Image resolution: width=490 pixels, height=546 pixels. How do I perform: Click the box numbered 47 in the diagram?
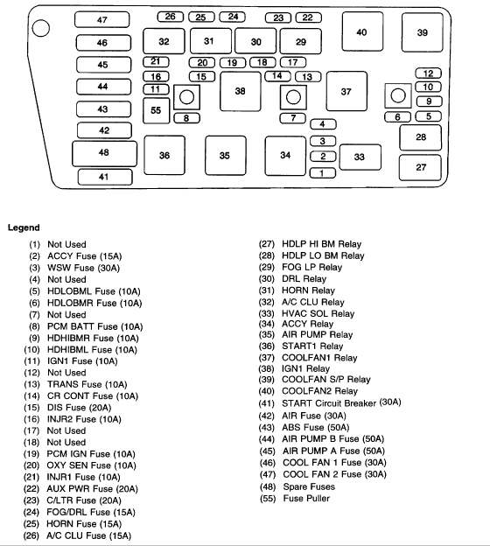(102, 20)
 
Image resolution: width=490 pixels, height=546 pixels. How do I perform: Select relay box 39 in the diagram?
(422, 32)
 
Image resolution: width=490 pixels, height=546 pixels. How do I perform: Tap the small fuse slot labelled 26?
(171, 17)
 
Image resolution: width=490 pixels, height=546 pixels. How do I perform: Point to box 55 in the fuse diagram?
(156, 110)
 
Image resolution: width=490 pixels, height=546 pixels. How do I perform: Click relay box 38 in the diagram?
(241, 91)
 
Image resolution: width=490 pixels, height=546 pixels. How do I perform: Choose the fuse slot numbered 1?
(323, 173)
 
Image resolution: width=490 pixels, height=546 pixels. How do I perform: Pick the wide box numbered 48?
(104, 154)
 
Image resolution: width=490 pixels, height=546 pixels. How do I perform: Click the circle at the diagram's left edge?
(41, 28)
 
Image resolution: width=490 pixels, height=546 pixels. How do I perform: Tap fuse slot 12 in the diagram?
(429, 73)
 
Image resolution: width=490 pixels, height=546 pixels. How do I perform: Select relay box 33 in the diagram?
(360, 157)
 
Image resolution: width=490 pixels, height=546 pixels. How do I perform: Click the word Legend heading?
(24, 227)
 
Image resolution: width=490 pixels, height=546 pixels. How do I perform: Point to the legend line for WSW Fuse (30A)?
(84, 268)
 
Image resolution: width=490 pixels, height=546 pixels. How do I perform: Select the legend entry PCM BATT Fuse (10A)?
(95, 326)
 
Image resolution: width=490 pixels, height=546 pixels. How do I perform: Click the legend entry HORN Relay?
(308, 290)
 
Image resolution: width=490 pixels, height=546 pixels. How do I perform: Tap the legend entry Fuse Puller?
(306, 498)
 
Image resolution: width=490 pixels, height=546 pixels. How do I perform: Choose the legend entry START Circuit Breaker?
(329, 403)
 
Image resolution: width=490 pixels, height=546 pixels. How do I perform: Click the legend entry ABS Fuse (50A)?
(316, 427)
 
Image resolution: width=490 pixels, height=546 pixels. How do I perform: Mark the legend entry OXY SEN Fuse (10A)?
(91, 465)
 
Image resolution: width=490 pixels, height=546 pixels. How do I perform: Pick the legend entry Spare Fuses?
(309, 486)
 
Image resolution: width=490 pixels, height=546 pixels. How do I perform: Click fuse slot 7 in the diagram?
(293, 118)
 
